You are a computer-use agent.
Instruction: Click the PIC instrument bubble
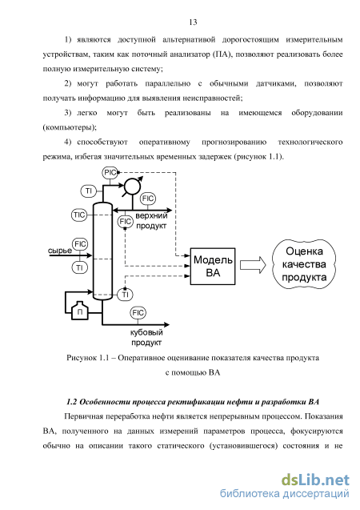pos(110,172)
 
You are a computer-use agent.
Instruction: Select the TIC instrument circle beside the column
pos(79,215)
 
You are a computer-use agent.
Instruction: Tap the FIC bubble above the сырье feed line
pos(80,244)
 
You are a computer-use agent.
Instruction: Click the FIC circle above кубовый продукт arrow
pos(138,312)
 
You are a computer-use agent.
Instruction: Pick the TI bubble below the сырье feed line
pos(80,267)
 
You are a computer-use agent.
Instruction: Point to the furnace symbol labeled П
pos(80,311)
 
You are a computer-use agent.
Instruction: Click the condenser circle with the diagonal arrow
pos(132,187)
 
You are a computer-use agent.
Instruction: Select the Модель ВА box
pos(213,267)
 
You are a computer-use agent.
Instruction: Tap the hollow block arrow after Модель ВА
pos(253,265)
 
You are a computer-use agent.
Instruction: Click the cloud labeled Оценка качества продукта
pos(304,264)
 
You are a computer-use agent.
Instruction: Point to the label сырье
pos(60,251)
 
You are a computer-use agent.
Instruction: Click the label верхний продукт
pos(151,220)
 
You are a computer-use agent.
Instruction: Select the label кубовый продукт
pos(146,337)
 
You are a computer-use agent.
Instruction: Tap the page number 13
pos(193,22)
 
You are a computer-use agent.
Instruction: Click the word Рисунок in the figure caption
pos(82,358)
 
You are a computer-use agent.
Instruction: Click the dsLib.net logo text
pos(315,480)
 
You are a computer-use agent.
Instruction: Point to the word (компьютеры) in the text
pos(70,127)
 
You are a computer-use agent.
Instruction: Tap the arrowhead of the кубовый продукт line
pos(166,324)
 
